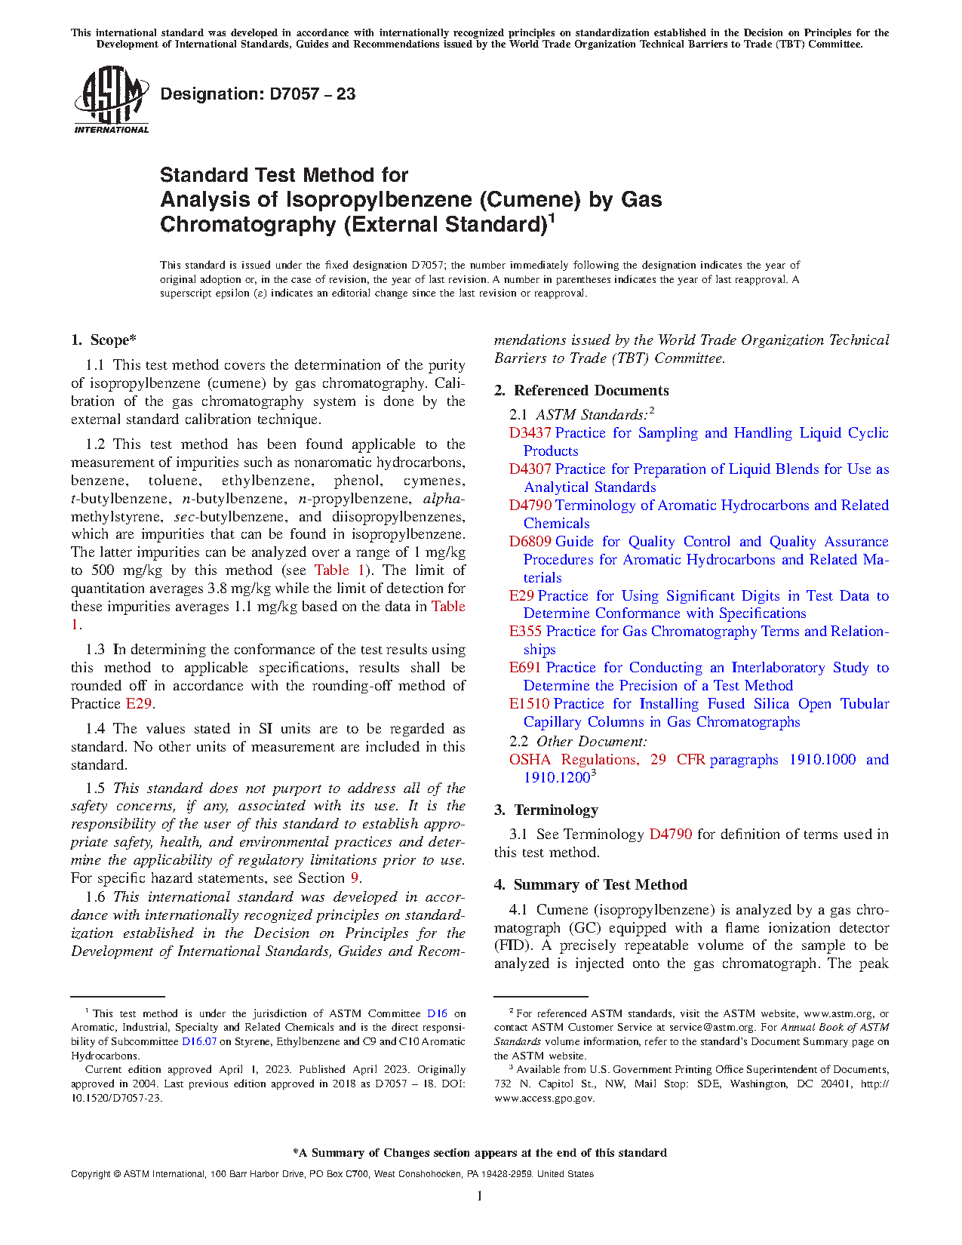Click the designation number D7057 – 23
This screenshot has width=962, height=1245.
click(x=257, y=94)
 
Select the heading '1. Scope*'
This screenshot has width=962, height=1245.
click(x=103, y=340)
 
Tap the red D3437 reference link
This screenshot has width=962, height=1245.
click(x=530, y=433)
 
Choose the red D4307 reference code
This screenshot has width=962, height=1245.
click(x=530, y=469)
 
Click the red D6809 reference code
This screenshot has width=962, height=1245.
click(x=530, y=542)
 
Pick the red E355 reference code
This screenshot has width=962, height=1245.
click(x=525, y=632)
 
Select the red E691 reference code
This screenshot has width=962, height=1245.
click(x=525, y=668)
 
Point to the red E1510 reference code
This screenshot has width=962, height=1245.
click(x=529, y=704)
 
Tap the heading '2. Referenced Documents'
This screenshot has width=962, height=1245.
click(x=581, y=391)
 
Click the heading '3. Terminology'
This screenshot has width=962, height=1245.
click(x=546, y=810)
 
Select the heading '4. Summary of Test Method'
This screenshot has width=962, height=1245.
click(x=590, y=885)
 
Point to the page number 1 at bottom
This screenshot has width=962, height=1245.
click(x=480, y=1196)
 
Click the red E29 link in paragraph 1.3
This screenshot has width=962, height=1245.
click(x=139, y=704)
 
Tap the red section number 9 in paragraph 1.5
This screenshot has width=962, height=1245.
click(x=355, y=878)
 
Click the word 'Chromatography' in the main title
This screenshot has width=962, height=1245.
click(x=246, y=225)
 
